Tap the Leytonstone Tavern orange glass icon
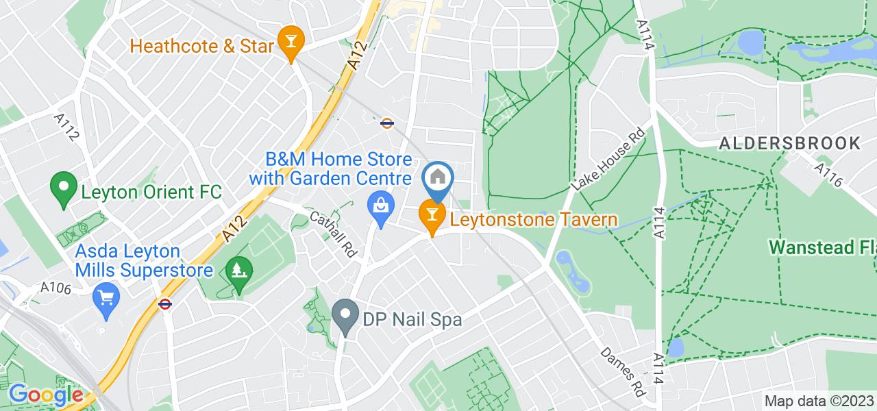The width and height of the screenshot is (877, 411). pos(432,215)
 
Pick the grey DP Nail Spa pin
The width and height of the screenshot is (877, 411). pos(345,316)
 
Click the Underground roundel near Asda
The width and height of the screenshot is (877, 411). pos(164,303)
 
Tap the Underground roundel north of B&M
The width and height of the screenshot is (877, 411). pos(387,123)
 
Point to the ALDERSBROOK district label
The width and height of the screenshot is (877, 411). pos(789,143)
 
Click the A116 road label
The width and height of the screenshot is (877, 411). pos(828,175)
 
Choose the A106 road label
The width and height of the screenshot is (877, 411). pos(55,288)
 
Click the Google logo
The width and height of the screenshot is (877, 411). pos(45,395)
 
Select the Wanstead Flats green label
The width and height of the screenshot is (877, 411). pos(822,247)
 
